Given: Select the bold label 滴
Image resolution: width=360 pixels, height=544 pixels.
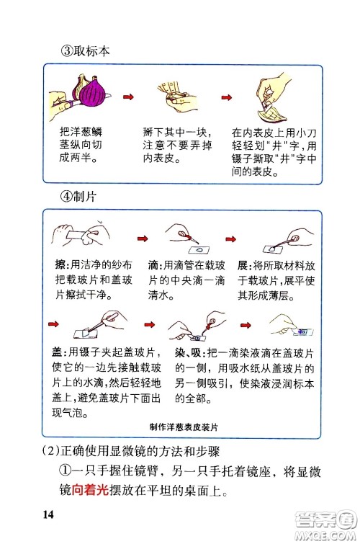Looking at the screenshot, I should (x=152, y=264).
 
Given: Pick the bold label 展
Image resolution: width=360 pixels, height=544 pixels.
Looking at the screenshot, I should (x=243, y=264).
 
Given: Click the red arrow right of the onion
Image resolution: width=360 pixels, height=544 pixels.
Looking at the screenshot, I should (x=130, y=96).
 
